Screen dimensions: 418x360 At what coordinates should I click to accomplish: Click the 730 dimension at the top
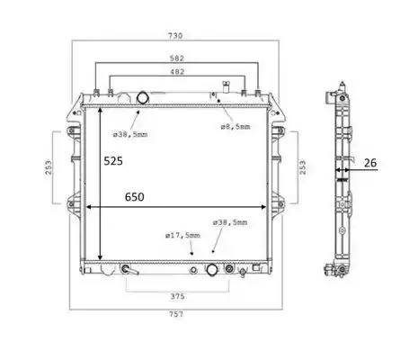pyautogui.click(x=175, y=36)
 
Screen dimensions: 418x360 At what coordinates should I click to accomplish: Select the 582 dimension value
pyautogui.click(x=177, y=58)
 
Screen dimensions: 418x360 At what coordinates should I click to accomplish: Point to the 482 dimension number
pyautogui.click(x=177, y=72)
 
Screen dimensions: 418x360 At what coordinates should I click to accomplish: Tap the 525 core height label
pyautogui.click(x=113, y=161)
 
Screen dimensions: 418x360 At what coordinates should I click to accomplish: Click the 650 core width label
pyautogui.click(x=135, y=197)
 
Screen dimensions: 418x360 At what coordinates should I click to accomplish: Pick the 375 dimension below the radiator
pyautogui.click(x=177, y=296)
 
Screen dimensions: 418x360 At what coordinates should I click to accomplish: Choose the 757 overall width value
pyautogui.click(x=176, y=314)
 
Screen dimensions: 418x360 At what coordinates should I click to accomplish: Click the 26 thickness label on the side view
pyautogui.click(x=370, y=163)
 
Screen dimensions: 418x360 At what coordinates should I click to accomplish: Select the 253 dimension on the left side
pyautogui.click(x=49, y=167)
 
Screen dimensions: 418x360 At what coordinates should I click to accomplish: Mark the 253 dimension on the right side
pyautogui.click(x=303, y=167)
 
